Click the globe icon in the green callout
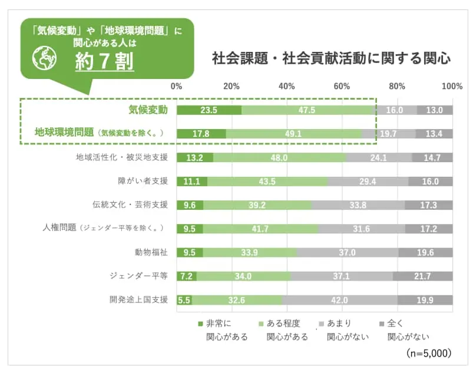pos(44,58)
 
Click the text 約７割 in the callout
pos(104,61)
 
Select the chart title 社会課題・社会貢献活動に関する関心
pos(332,59)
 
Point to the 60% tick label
pos(342,87)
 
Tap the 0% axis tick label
pos(176,87)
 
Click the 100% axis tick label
pos(452,87)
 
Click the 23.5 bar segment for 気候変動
pos(209,110)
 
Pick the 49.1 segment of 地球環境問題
pos(293,134)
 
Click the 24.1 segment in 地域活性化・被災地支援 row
pos(379,157)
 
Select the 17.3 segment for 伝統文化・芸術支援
pos(429,205)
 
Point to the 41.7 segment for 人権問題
pos(260,229)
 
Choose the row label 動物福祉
pos(151,252)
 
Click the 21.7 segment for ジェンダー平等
pos(422,276)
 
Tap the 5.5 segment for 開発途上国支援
pos(184,300)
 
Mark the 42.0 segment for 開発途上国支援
pos(340,300)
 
